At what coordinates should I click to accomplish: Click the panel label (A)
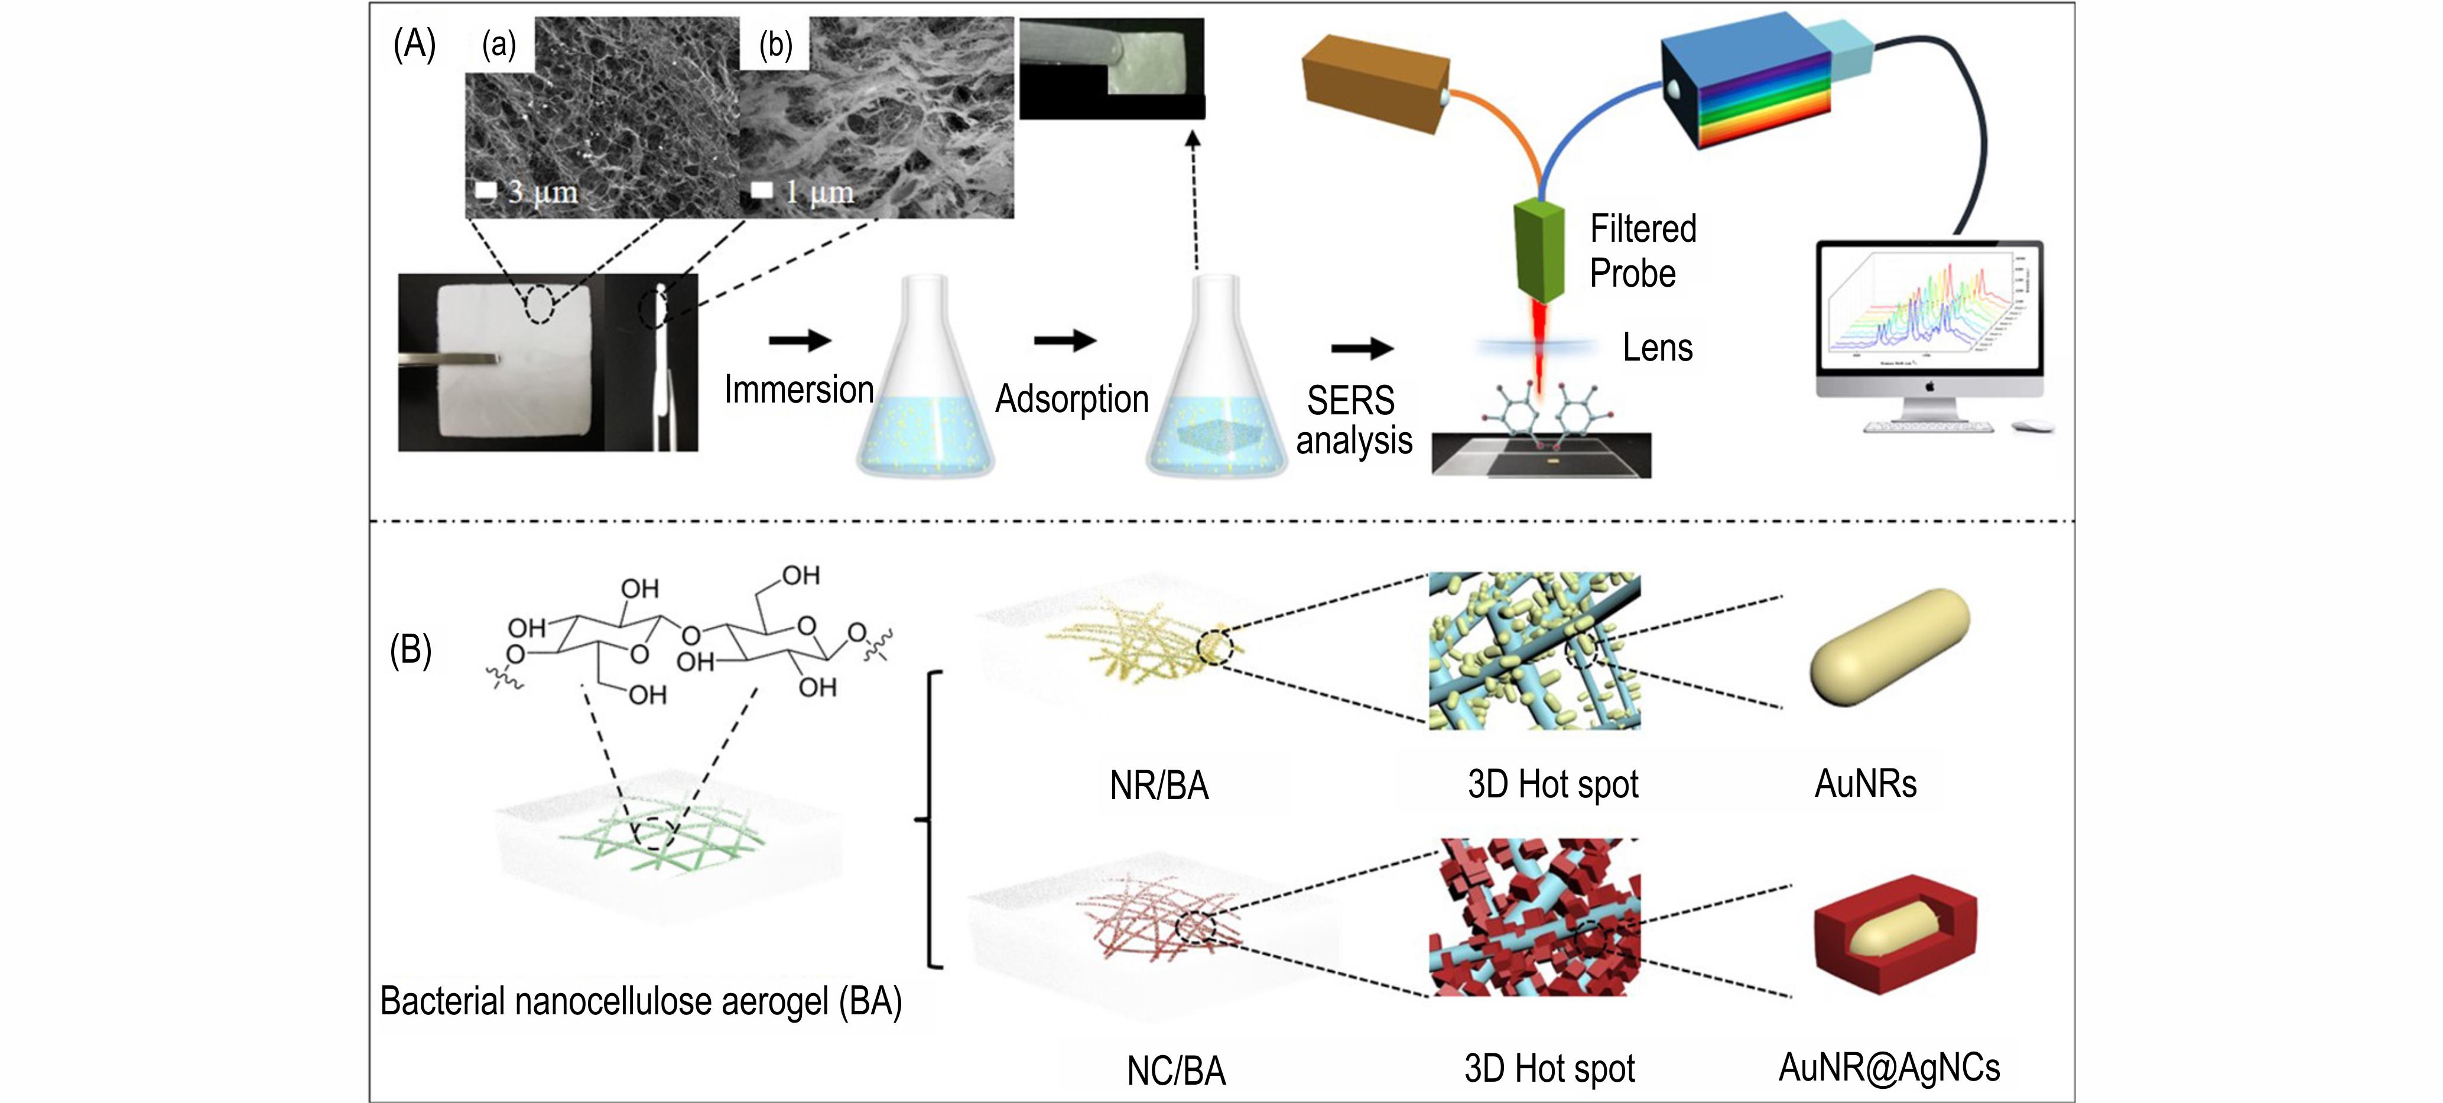pyautogui.click(x=414, y=44)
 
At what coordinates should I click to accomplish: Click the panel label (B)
pyautogui.click(x=411, y=651)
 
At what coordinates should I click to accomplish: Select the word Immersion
pyautogui.click(x=798, y=390)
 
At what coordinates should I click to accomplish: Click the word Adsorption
pyautogui.click(x=1071, y=399)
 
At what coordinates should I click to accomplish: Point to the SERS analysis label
pyautogui.click(x=1353, y=420)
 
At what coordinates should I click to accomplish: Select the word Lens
pyautogui.click(x=1657, y=348)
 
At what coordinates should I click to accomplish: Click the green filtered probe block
pyautogui.click(x=1538, y=251)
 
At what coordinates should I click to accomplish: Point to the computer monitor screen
pyautogui.click(x=1929, y=307)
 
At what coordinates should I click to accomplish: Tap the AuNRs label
pyautogui.click(x=1864, y=784)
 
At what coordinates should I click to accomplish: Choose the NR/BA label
pyautogui.click(x=1159, y=786)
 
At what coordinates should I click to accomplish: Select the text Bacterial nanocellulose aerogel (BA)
pyautogui.click(x=641, y=1001)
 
